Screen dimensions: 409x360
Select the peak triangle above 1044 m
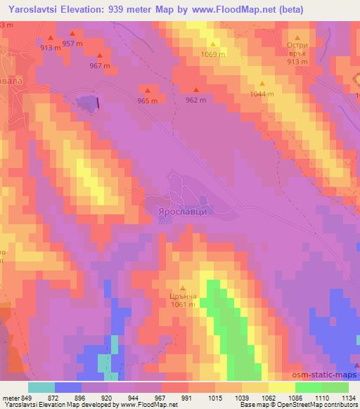[x=262, y=83]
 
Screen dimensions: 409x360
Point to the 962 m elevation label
[x=195, y=100]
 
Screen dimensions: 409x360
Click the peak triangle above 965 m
[x=148, y=90]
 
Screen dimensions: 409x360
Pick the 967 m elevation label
[x=99, y=66]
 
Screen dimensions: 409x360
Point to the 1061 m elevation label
[x=182, y=305]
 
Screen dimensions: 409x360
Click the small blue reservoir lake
[x=88, y=103]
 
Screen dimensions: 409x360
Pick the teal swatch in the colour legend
[x=41, y=387]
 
